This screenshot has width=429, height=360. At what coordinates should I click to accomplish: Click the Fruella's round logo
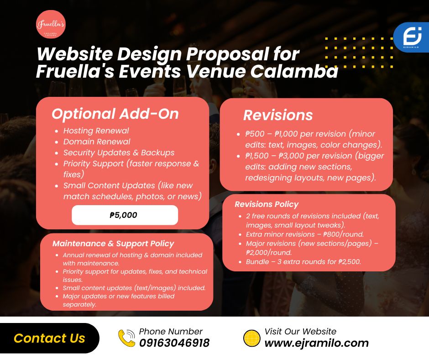click(x=51, y=24)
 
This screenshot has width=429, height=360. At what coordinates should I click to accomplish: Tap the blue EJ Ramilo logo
click(x=412, y=37)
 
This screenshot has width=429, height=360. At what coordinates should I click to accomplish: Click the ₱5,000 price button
click(x=125, y=215)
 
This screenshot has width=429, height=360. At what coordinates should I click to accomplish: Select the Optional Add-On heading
click(x=115, y=114)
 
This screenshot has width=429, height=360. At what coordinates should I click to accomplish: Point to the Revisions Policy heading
click(x=267, y=204)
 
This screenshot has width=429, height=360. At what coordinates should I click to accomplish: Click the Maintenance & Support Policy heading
click(x=113, y=244)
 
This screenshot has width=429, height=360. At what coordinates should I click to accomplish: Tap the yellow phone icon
click(x=127, y=338)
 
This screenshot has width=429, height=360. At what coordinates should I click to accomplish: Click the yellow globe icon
click(x=252, y=338)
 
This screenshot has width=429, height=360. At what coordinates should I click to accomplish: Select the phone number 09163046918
click(x=174, y=343)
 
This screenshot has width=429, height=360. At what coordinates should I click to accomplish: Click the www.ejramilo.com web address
click(x=317, y=343)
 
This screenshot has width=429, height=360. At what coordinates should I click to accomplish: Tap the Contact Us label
click(x=50, y=338)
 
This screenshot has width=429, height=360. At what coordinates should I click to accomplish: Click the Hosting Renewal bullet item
click(x=96, y=131)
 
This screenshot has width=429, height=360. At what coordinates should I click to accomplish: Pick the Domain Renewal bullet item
click(x=97, y=142)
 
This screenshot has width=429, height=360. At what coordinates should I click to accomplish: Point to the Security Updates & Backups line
click(x=119, y=153)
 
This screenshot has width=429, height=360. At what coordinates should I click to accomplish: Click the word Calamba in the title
click(x=294, y=71)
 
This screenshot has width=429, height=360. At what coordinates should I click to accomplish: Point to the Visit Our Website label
click(x=300, y=332)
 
